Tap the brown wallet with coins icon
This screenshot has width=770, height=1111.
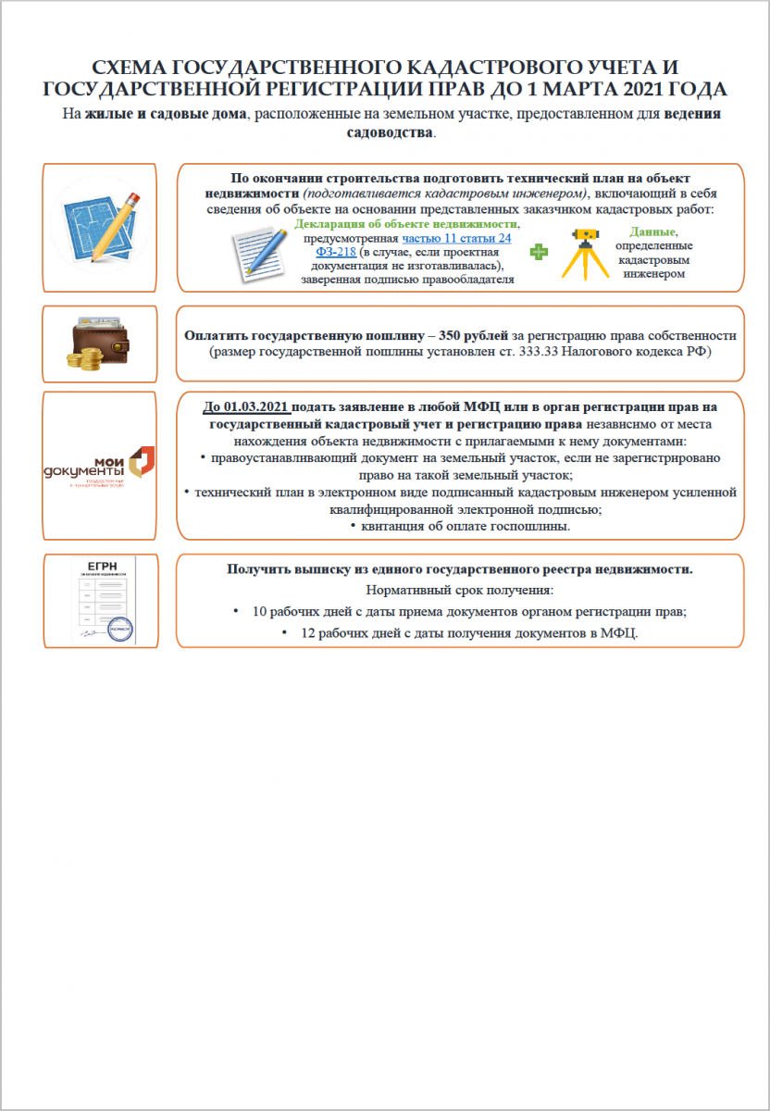[99, 343]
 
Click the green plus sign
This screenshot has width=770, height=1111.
[538, 251]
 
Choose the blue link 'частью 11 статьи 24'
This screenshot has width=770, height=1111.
[456, 238]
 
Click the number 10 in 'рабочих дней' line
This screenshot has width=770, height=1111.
[259, 612]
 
